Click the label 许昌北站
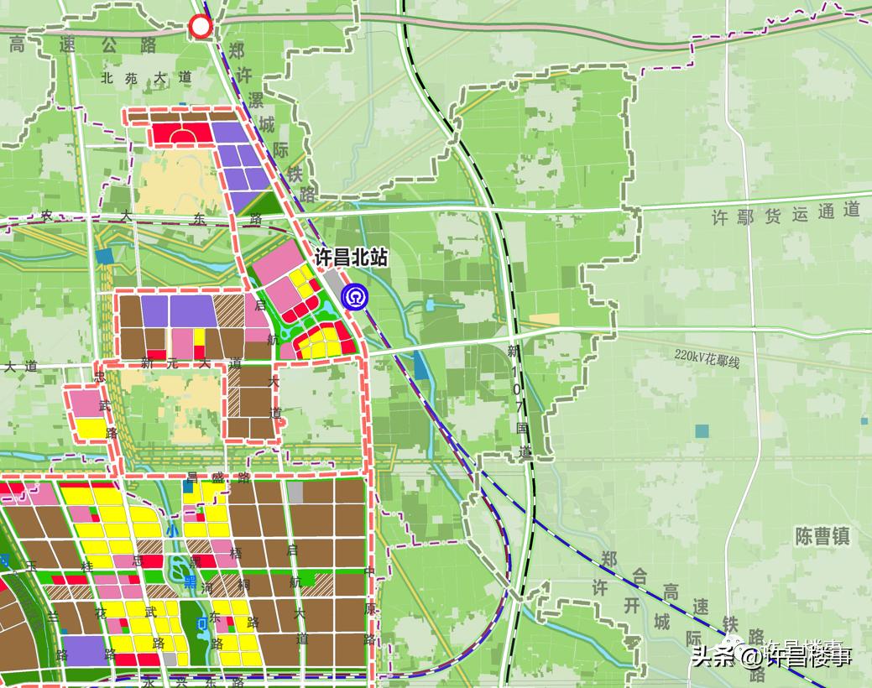click(351, 258)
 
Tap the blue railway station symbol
click(353, 296)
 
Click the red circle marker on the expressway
click(201, 28)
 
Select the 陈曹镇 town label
click(822, 536)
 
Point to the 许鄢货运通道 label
click(786, 214)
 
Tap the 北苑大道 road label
click(146, 78)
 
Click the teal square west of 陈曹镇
click(701, 431)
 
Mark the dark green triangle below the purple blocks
click(264, 201)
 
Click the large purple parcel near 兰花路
click(83, 651)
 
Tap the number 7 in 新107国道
click(518, 407)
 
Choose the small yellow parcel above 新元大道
click(199, 337)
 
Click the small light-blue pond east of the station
click(430, 305)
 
